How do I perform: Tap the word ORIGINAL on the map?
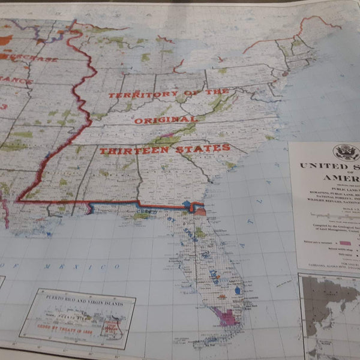(x=157, y=120)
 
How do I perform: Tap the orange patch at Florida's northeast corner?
(x=200, y=211)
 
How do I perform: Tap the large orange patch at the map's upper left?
(x=5, y=40)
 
